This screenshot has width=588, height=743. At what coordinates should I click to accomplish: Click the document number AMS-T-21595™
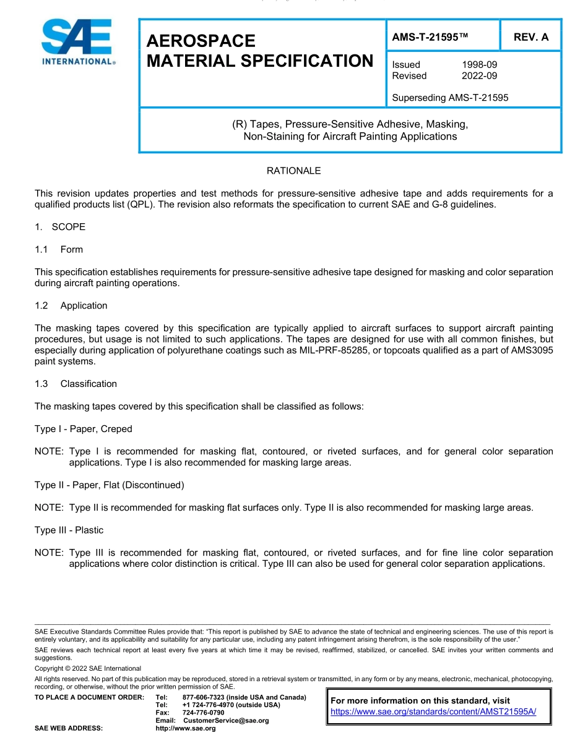point(430,37)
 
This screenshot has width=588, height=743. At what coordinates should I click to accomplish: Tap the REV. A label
point(531,37)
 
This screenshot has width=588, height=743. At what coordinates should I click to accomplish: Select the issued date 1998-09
point(479,64)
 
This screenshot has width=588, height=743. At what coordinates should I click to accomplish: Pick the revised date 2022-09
point(479,75)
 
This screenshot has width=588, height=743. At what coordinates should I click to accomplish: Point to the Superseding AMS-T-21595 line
point(450,97)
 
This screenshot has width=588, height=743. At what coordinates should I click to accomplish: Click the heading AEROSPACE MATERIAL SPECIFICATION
point(259,51)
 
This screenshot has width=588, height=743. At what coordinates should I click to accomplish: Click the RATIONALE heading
point(293,171)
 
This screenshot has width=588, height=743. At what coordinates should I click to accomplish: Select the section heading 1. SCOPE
point(60,227)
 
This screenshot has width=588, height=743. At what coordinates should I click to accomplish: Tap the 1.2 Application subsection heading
point(71,305)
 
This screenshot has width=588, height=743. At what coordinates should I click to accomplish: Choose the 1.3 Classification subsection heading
point(76,384)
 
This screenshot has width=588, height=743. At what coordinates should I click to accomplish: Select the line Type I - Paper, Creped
point(84,429)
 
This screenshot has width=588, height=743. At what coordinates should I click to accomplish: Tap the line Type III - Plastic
point(69,530)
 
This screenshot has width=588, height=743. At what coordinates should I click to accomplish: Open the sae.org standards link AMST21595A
point(433,711)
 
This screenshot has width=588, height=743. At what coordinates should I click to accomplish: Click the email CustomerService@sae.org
point(225,721)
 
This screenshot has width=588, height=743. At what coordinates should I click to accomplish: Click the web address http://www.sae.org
point(186,729)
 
